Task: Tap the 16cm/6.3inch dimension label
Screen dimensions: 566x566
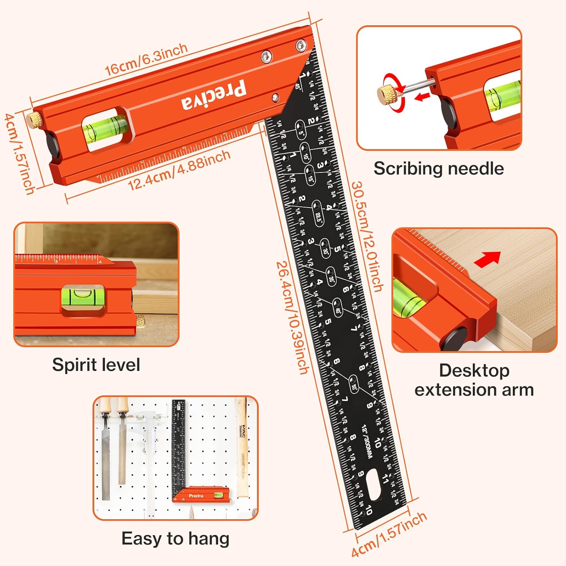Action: (146, 59)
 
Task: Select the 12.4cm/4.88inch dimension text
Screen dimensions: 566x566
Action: (179, 170)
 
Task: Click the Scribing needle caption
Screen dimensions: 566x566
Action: (438, 168)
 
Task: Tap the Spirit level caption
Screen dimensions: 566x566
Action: (96, 365)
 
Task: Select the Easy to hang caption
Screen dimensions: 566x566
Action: (175, 538)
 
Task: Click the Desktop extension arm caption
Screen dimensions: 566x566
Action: (474, 380)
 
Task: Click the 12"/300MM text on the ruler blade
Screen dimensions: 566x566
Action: (367, 441)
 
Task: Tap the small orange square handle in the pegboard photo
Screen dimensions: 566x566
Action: (201, 495)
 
